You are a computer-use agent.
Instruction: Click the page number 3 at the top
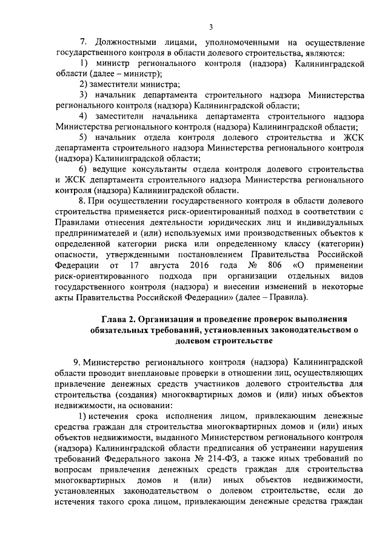(x=210, y=26)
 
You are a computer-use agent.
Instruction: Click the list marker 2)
(x=84, y=84)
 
